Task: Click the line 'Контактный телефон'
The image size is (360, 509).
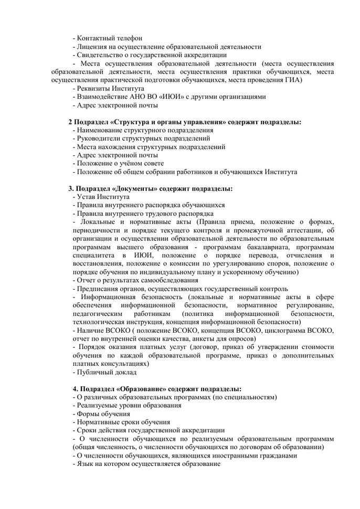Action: tap(107, 38)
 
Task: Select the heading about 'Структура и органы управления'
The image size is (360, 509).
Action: tap(185, 122)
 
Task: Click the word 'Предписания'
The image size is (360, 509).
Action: tap(98, 289)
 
